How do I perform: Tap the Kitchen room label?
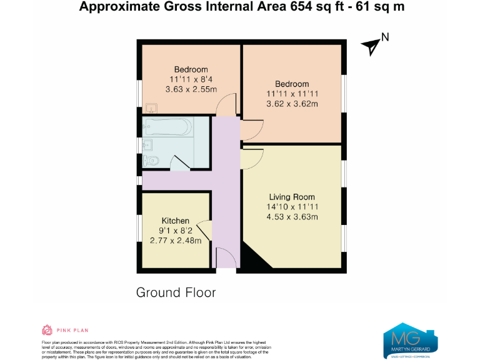tap(176, 221)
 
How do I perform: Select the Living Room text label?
tap(292, 197)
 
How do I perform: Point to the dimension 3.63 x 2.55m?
tap(191, 89)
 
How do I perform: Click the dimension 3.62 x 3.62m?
tap(292, 104)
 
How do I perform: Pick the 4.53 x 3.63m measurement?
tap(292, 217)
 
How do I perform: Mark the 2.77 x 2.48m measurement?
tap(176, 241)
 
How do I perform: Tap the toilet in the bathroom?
tap(152, 161)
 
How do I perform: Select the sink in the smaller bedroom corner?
tap(149, 107)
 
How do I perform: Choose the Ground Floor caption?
tap(176, 292)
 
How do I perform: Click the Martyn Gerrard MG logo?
tap(410, 339)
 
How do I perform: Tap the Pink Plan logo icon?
tap(46, 329)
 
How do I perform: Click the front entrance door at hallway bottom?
tap(226, 257)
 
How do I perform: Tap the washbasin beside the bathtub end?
tap(147, 145)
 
